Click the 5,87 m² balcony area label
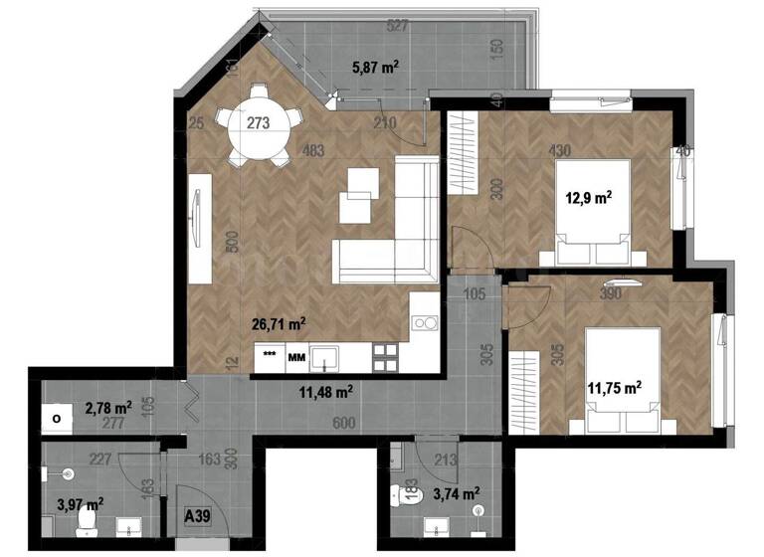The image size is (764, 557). (376, 68)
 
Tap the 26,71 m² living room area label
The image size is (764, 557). (279, 323)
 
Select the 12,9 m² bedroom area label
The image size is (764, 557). (588, 197)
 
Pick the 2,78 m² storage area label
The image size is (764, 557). (108, 408)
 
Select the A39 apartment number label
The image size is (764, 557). (199, 516)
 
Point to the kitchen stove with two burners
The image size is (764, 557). (427, 322)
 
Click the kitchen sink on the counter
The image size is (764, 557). (328, 356)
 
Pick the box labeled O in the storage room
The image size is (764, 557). (56, 419)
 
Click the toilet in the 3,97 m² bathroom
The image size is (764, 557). (86, 517)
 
